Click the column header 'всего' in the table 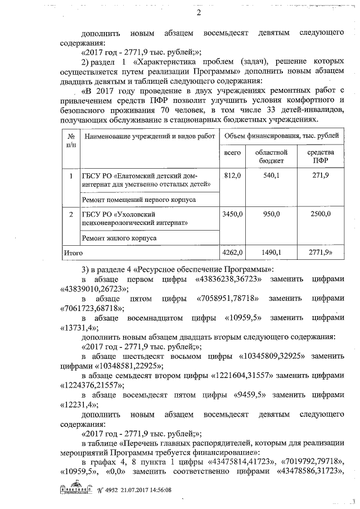[x=232, y=152]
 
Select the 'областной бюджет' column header [x=271, y=156]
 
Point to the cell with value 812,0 [x=232, y=176]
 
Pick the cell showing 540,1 [x=271, y=176]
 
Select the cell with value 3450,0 [x=232, y=214]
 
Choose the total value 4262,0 [x=232, y=253]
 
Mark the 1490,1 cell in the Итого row [x=272, y=253]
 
